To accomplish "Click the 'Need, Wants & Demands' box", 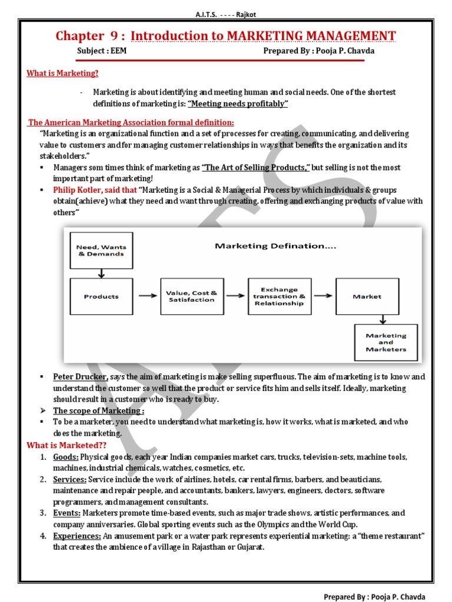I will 101,250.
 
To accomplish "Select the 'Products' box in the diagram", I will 101,297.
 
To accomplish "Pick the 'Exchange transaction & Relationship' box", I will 279,296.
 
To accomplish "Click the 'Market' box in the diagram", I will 367,297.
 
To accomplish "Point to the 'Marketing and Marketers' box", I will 385,342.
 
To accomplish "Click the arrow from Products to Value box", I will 146,297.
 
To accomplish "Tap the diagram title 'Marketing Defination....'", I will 275,246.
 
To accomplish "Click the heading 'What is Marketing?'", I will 62,73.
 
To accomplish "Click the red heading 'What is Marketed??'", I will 61,446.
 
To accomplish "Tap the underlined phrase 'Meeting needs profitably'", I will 237,104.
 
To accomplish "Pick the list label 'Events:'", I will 67,513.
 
